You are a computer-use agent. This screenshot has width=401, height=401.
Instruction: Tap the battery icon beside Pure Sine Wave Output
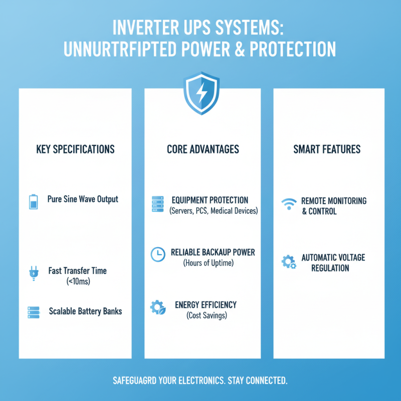click(34, 202)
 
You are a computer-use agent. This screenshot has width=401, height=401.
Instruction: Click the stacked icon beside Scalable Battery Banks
click(34, 312)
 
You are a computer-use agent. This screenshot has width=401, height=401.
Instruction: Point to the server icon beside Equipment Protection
click(157, 205)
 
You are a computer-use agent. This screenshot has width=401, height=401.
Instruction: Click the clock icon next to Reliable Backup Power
click(157, 255)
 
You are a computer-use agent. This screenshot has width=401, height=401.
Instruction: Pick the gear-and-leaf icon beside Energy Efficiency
click(157, 307)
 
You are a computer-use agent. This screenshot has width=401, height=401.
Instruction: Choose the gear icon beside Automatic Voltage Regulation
click(288, 262)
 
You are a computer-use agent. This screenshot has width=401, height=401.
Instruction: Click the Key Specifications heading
click(76, 149)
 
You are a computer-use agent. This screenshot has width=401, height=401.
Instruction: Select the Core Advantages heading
click(203, 149)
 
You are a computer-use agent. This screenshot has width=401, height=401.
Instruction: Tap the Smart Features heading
click(326, 149)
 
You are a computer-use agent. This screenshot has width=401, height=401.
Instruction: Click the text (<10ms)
click(77, 282)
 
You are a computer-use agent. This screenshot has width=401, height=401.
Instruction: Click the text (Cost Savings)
click(206, 315)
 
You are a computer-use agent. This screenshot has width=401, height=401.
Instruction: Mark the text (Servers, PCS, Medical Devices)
click(213, 211)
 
